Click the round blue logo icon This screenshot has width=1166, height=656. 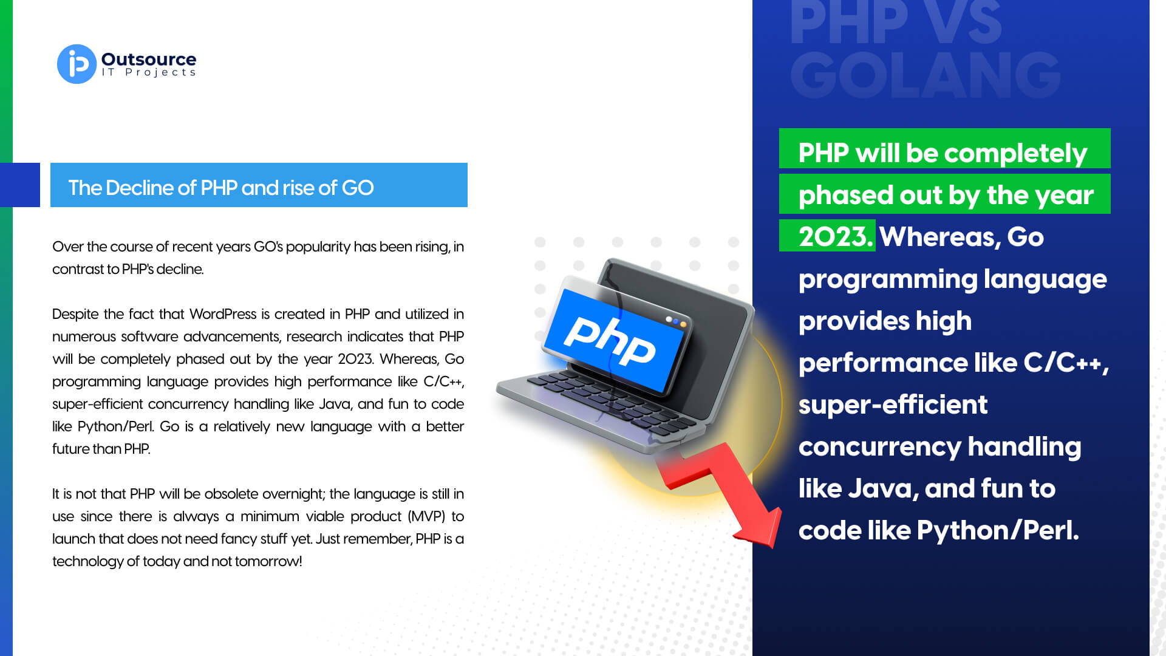click(77, 64)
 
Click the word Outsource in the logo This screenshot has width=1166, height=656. click(149, 59)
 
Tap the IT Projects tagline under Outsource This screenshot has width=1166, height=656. click(149, 72)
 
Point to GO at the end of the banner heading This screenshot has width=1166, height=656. click(358, 188)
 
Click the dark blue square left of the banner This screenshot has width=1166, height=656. click(20, 185)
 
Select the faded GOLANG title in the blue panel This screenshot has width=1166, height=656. click(925, 75)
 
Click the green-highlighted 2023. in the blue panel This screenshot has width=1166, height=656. click(836, 236)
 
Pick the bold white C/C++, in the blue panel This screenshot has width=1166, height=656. click(1066, 363)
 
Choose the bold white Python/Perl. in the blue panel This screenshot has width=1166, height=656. click(998, 530)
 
